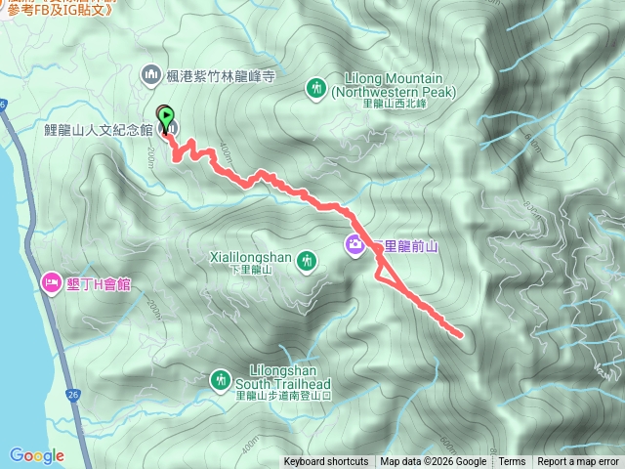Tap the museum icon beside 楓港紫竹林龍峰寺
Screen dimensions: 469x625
pyautogui.click(x=151, y=74)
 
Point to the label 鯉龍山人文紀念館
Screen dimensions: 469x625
pyautogui.click(x=98, y=129)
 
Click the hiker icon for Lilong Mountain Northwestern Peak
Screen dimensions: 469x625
pyautogui.click(x=316, y=88)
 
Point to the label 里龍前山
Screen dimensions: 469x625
pyautogui.click(x=405, y=246)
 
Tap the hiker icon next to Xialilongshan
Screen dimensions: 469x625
pyautogui.click(x=309, y=260)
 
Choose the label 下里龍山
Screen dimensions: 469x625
pyautogui.click(x=252, y=270)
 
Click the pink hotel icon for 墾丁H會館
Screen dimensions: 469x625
pyautogui.click(x=51, y=283)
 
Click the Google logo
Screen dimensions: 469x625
pyautogui.click(x=37, y=455)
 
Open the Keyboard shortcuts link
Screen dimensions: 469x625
pyautogui.click(x=326, y=462)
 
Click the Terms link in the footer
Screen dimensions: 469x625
pyautogui.click(x=512, y=462)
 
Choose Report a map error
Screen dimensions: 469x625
pyautogui.click(x=578, y=462)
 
